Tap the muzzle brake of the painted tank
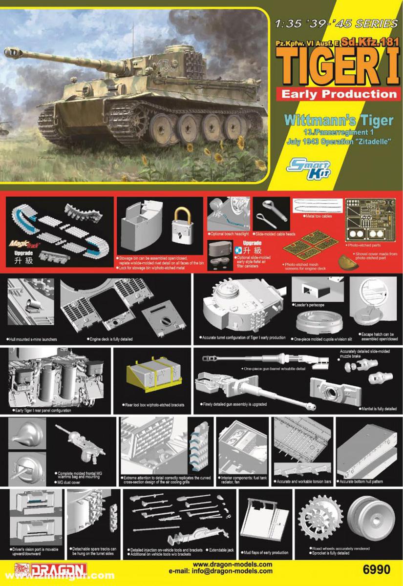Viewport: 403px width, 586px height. pos(12,51)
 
